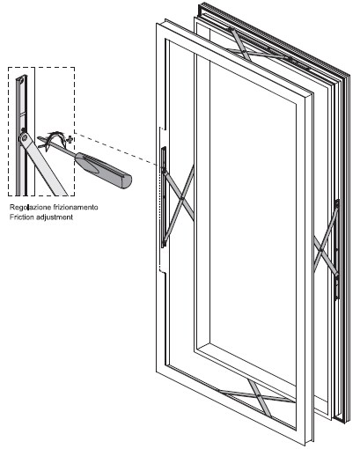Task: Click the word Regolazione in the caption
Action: pyautogui.click(x=30, y=208)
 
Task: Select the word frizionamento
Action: pyautogui.click(x=76, y=207)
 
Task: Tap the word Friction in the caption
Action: pyautogui.click(x=20, y=217)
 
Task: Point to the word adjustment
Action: pyautogui.click(x=53, y=217)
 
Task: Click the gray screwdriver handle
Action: pyautogui.click(x=103, y=171)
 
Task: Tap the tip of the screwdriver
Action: pyautogui.click(x=38, y=137)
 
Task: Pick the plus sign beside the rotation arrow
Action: pyautogui.click(x=70, y=139)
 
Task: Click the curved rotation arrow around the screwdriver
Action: pyautogui.click(x=55, y=138)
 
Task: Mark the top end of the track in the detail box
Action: pyautogui.click(x=22, y=77)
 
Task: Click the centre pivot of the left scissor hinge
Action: pyautogui.click(x=182, y=199)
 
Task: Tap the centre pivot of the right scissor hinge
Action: pyautogui.click(x=321, y=250)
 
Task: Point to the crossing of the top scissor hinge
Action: pyautogui.click(x=245, y=53)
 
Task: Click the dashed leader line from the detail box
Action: pyautogui.click(x=116, y=150)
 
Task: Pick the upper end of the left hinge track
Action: pyautogui.click(x=164, y=148)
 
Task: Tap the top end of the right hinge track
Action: pyautogui.click(x=337, y=201)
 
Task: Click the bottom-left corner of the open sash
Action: pyautogui.click(x=157, y=372)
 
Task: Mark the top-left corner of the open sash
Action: pyautogui.click(x=157, y=24)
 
